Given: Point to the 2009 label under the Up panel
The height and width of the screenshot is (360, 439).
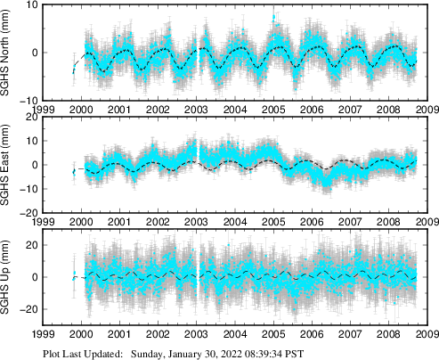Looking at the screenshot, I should [x=425, y=336].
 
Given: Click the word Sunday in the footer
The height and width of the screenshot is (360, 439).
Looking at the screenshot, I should [x=149, y=353].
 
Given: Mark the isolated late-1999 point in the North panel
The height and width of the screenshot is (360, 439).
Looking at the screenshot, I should [x=74, y=70].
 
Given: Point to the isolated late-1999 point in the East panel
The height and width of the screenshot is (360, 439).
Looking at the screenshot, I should [x=74, y=170].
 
